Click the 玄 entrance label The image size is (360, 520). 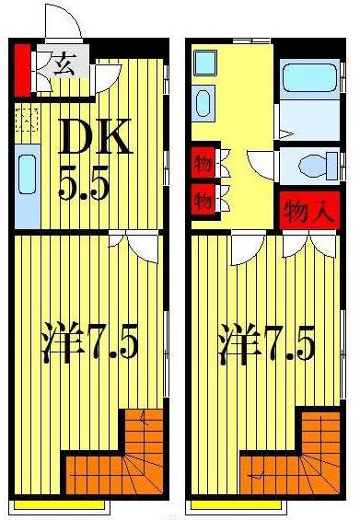coord(64,64)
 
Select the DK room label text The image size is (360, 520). coord(95,139)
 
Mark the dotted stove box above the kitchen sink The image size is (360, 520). coord(27,122)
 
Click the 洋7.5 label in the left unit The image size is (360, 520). coord(89,344)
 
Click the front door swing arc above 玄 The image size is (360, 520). coord(64,23)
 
